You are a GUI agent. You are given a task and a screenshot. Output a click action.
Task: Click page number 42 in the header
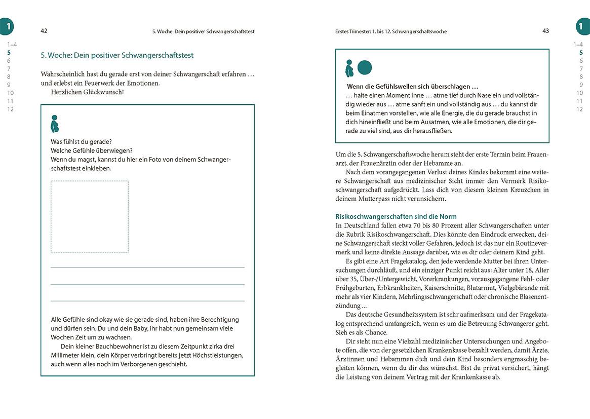point(44,31)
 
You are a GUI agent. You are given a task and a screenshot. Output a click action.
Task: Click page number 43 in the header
point(545,31)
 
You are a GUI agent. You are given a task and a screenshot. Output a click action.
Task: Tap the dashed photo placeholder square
point(90,216)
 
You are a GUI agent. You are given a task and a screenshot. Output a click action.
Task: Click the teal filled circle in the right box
point(365,67)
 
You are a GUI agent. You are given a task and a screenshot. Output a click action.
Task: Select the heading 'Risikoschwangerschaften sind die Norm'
point(388,216)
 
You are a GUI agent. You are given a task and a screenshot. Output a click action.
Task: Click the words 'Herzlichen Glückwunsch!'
point(88,92)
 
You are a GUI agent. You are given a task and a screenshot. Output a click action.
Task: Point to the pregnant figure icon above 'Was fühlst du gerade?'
point(55,124)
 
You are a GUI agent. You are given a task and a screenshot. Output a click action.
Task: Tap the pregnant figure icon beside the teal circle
point(349,68)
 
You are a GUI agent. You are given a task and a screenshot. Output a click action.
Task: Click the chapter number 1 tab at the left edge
point(7,26)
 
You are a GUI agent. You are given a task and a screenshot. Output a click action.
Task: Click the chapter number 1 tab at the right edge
point(582,26)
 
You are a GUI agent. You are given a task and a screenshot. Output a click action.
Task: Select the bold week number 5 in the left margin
point(9,52)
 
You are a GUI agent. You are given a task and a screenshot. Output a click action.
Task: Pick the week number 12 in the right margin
point(580,109)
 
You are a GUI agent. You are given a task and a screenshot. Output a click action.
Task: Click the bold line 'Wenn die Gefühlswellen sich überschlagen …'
point(412,87)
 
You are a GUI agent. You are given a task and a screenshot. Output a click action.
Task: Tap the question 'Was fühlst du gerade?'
point(82,141)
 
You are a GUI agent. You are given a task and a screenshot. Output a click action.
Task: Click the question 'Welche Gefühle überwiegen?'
point(92,150)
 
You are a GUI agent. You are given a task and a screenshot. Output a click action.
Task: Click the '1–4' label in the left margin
point(11,45)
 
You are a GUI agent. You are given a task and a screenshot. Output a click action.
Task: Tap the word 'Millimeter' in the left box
point(67,355)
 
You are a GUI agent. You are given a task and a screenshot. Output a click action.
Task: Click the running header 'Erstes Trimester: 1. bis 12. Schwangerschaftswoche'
point(391,31)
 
